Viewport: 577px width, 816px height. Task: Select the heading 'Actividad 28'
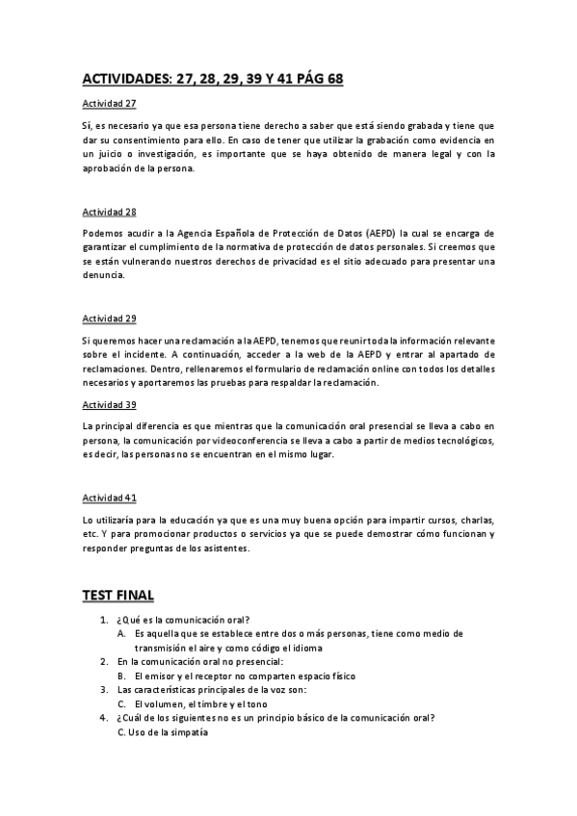point(109,210)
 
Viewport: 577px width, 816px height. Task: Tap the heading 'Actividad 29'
point(109,318)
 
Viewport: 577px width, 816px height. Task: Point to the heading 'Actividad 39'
point(109,404)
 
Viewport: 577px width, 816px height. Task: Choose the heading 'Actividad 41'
point(109,497)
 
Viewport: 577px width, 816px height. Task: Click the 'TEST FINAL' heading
point(118,596)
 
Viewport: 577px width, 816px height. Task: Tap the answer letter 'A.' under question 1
point(122,634)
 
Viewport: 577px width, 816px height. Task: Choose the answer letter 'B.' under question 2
point(122,676)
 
